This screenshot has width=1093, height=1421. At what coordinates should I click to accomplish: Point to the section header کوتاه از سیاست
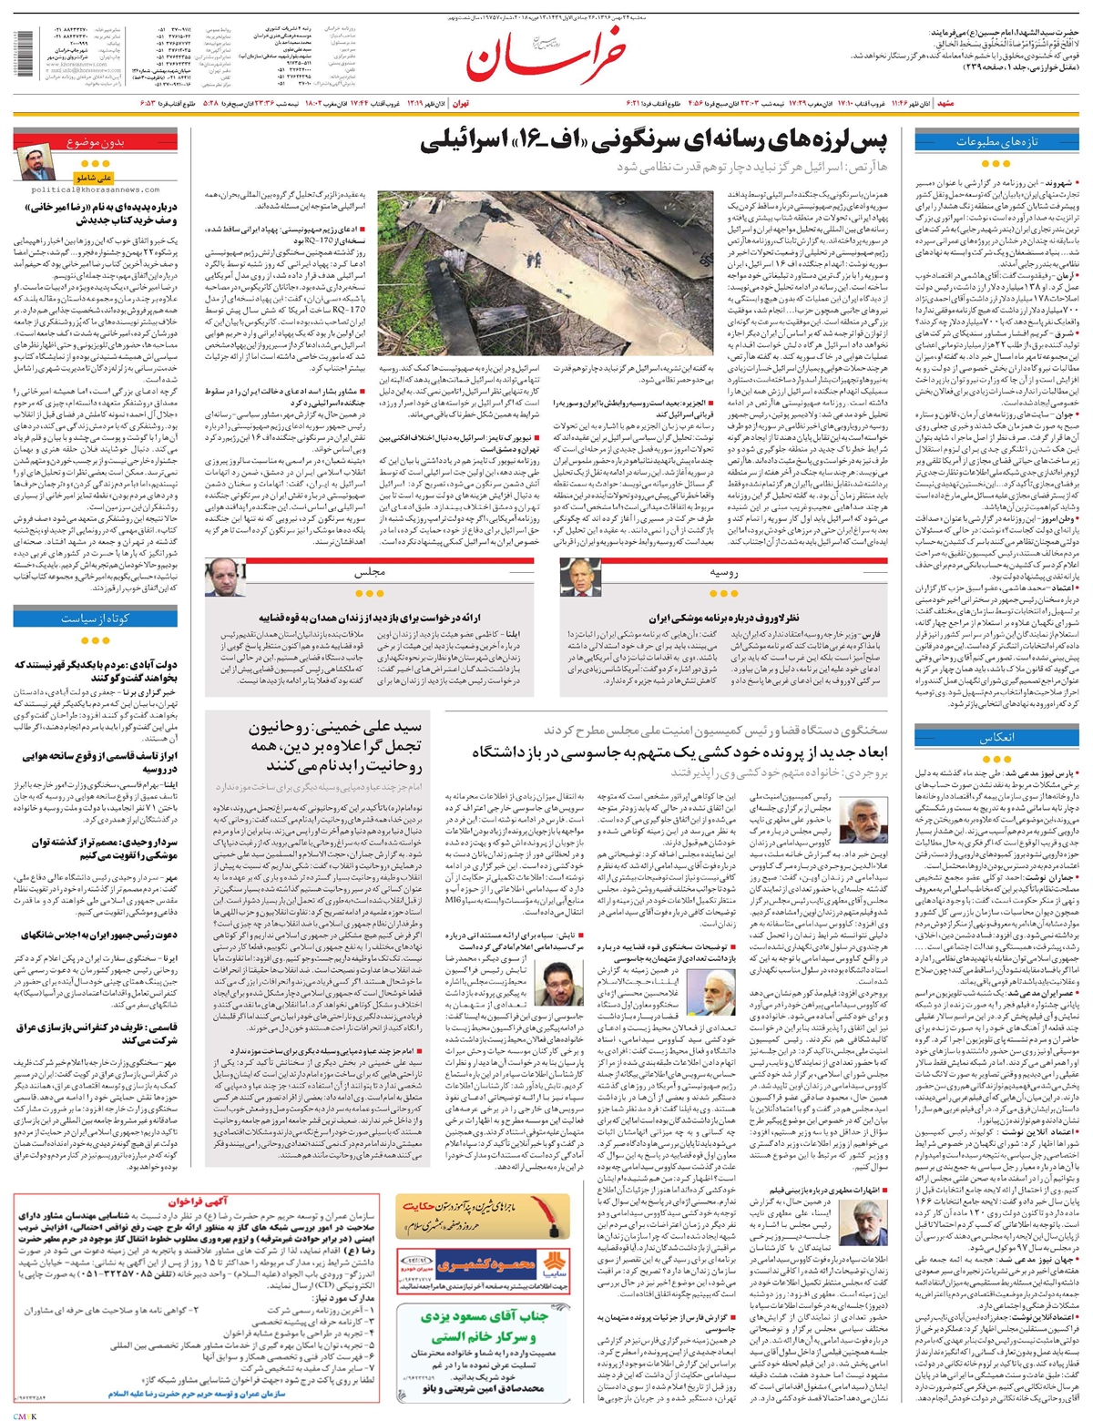[x=96, y=618]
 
